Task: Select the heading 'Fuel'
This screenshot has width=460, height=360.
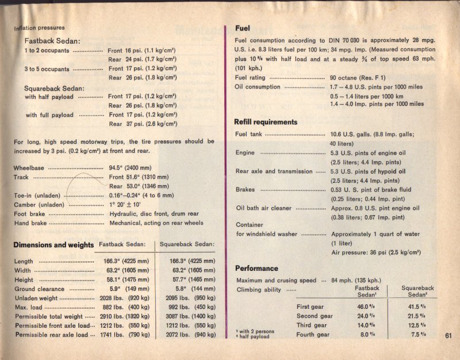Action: (242, 28)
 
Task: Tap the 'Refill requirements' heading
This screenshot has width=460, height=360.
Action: (266, 122)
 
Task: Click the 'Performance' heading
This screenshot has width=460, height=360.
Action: (256, 268)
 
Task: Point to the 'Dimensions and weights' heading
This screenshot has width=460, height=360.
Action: (53, 245)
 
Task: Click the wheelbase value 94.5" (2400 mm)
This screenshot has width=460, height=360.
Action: (138, 168)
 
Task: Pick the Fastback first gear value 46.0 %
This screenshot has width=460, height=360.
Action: (366, 307)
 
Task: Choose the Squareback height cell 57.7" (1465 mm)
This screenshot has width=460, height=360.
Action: (186, 280)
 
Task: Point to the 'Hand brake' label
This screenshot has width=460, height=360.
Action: (30, 223)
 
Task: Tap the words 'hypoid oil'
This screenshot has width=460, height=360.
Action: (390, 171)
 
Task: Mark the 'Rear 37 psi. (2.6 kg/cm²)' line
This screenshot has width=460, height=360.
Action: (142, 124)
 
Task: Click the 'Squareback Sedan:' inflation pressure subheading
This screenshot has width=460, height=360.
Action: (54, 88)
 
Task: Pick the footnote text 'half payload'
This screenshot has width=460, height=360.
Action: (255, 337)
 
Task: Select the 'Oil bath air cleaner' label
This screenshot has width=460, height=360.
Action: (264, 208)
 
